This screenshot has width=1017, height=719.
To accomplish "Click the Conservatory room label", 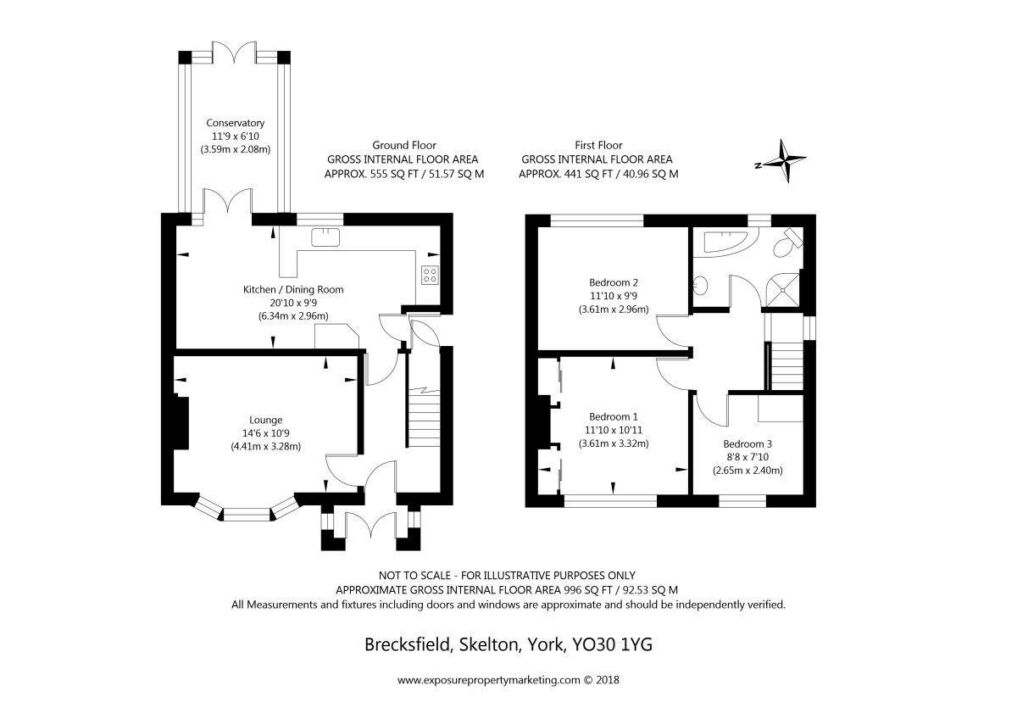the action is click(236, 123).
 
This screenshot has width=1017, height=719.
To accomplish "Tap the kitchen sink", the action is click(325, 237).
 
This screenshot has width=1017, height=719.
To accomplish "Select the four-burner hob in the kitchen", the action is click(430, 275).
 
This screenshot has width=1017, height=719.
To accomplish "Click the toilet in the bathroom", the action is click(787, 243).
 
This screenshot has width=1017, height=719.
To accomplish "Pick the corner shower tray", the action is click(781, 290).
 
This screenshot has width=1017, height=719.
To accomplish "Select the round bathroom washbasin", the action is click(701, 285).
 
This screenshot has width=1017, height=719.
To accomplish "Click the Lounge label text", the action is click(265, 421).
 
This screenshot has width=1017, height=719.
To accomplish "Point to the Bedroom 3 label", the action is click(747, 443).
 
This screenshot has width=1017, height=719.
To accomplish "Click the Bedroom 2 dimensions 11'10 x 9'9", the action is click(614, 296).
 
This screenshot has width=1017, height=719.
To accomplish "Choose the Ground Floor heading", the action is click(404, 145).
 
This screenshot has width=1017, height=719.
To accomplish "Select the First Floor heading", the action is click(598, 145).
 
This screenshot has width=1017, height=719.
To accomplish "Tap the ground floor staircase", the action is click(425, 418).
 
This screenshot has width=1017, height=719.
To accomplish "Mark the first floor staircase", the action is click(787, 366).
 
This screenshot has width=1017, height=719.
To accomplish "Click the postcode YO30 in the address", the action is click(594, 645).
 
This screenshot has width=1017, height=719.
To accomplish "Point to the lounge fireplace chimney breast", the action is click(181, 423).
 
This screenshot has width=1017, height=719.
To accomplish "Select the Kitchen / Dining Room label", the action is click(293, 289).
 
